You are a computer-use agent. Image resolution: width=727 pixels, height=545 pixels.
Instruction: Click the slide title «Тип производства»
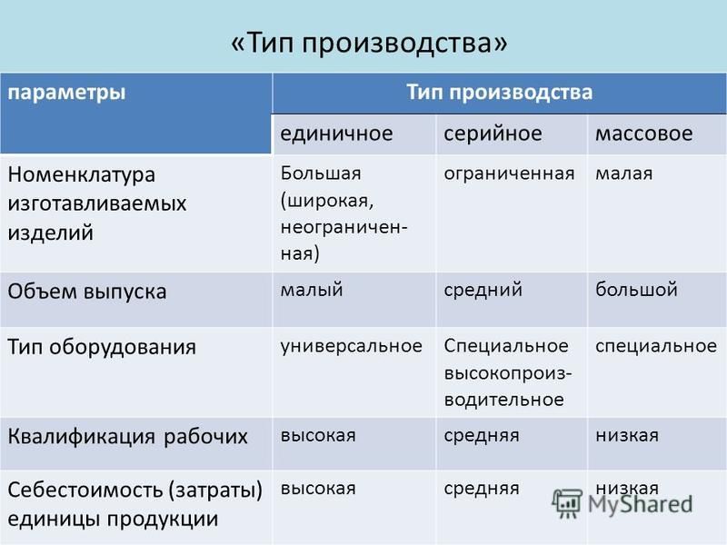pyautogui.click(x=369, y=43)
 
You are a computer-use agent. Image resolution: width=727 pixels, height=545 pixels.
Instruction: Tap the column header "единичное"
pyautogui.click(x=336, y=134)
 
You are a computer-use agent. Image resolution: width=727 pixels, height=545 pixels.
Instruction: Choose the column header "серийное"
pyautogui.click(x=493, y=134)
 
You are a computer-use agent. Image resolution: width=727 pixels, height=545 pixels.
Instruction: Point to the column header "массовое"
pyautogui.click(x=644, y=134)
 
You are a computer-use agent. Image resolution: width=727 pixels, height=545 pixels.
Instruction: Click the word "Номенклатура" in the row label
pyautogui.click(x=82, y=174)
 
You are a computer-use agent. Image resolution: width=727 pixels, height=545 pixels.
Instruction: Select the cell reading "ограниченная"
pyautogui.click(x=509, y=173)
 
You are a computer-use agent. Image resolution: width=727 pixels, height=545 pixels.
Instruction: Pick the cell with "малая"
pyautogui.click(x=624, y=173)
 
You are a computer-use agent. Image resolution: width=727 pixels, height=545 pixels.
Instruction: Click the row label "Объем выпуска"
pyautogui.click(x=87, y=292)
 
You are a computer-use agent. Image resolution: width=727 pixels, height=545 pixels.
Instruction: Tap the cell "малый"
pyautogui.click(x=312, y=290)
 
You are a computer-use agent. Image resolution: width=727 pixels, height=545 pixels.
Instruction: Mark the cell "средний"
pyautogui.click(x=483, y=290)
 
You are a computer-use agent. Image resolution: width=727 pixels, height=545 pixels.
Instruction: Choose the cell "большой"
pyautogui.click(x=637, y=290)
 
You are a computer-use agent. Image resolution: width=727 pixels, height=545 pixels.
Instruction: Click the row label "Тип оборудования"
pyautogui.click(x=102, y=347)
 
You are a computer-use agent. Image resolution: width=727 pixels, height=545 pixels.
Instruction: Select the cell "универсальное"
pyautogui.click(x=352, y=346)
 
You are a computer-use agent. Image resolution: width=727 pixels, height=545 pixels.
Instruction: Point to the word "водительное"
pyautogui.click(x=504, y=400)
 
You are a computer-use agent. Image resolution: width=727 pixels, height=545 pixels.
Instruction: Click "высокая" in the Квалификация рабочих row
pyautogui.click(x=318, y=436)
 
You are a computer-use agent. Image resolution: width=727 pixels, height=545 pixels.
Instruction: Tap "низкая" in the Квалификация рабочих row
pyautogui.click(x=627, y=436)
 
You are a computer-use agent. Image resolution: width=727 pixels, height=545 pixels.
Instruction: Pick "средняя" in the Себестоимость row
pyautogui.click(x=482, y=489)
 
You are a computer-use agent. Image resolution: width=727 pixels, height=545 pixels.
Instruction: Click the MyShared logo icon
pyautogui.click(x=566, y=504)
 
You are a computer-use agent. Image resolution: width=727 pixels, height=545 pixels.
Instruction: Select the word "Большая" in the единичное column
pyautogui.click(x=321, y=173)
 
